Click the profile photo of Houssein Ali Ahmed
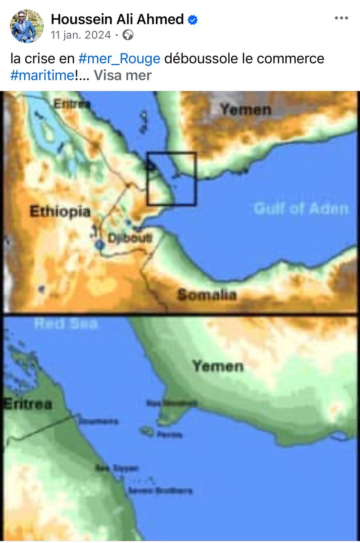pyautogui.click(x=27, y=26)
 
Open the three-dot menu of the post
pyautogui.click(x=341, y=19)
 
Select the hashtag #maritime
pyautogui.click(x=42, y=75)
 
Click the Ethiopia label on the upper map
pyautogui.click(x=60, y=212)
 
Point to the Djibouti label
pyautogui.click(x=130, y=238)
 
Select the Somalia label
pyautogui.click(x=207, y=295)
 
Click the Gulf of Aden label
pyautogui.click(x=301, y=209)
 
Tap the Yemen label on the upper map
pyautogui.click(x=245, y=110)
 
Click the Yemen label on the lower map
pyautogui.click(x=218, y=366)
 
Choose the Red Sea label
pyautogui.click(x=66, y=324)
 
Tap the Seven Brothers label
pyautogui.click(x=160, y=491)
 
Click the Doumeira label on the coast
pyautogui.click(x=98, y=421)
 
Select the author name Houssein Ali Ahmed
pyautogui.click(x=117, y=19)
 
